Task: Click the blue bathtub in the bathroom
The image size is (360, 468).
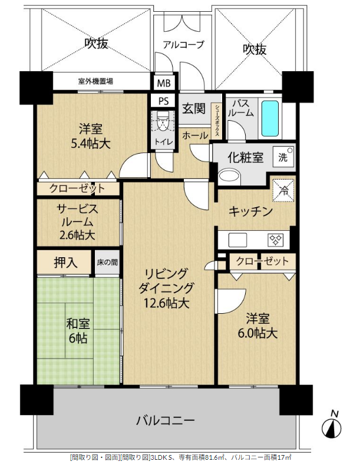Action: point(270,118)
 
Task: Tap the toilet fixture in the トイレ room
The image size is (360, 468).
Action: point(162,121)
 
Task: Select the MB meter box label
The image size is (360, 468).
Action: point(164,83)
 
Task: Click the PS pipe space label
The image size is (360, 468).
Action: point(163,101)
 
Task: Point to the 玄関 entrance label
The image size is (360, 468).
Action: point(194,108)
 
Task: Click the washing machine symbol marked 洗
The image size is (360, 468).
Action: point(283,157)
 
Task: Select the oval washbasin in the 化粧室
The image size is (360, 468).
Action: point(229,177)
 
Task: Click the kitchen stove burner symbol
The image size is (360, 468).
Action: point(276,240)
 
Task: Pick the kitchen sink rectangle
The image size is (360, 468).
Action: point(238,240)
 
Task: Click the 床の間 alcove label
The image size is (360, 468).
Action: point(107,263)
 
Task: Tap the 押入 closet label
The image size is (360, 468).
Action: point(66,263)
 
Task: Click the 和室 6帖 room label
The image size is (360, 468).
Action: point(78,331)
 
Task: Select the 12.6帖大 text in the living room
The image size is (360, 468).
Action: point(166,303)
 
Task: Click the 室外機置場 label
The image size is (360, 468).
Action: point(95,81)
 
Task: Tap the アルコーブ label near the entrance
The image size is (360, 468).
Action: point(183,45)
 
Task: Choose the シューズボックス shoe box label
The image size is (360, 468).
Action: point(216,120)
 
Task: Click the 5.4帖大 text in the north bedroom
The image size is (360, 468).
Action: point(91,144)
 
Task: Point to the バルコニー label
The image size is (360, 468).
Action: point(165,421)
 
